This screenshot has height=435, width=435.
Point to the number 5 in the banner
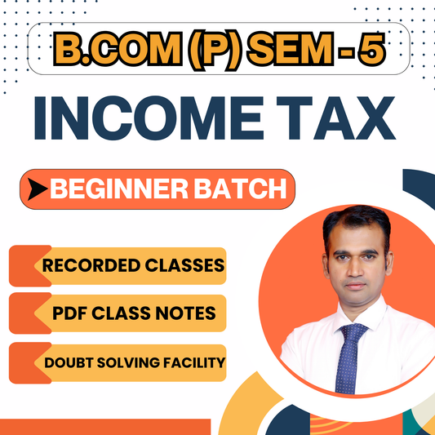pyautogui.click(x=369, y=51)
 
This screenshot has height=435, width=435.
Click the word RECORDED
pyautogui.click(x=89, y=266)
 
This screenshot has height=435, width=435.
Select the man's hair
pyautogui.click(x=351, y=218)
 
